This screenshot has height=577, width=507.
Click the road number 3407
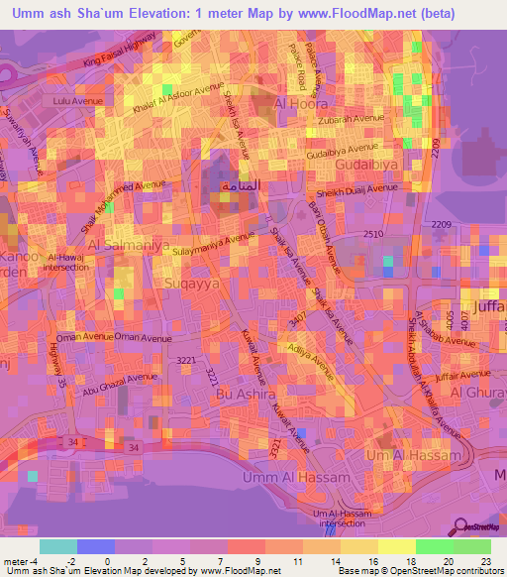(294, 322)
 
